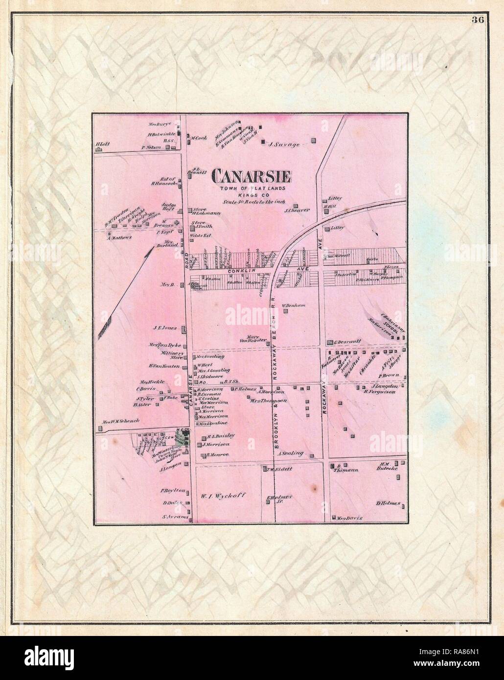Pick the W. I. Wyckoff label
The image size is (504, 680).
222,495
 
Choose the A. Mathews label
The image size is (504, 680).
120,238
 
